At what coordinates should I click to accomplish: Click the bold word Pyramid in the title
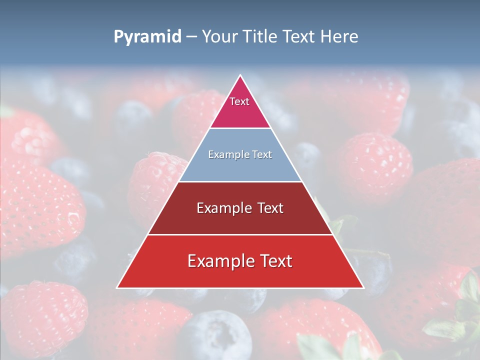[x=147, y=37]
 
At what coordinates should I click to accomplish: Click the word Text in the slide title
[x=300, y=37]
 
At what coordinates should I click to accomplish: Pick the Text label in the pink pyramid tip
[x=239, y=101]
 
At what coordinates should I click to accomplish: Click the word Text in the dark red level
[x=270, y=208]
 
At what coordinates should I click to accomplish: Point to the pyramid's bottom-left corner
[x=117, y=287]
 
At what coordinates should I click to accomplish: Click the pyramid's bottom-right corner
[x=363, y=287]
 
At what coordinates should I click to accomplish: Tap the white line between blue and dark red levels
[x=240, y=181]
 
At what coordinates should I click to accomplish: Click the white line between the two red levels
[x=240, y=234]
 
